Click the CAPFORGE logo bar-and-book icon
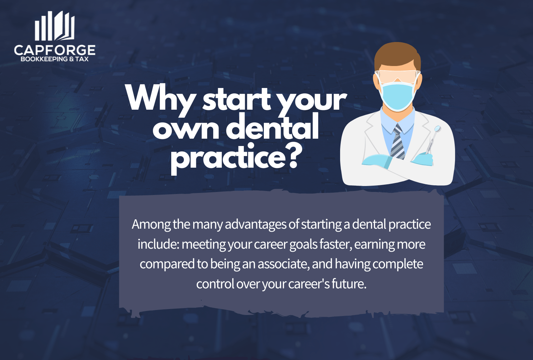coord(55,26)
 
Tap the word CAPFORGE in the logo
coord(55,50)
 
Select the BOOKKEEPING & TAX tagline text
coord(55,59)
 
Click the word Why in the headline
coord(160,98)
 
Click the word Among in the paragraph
coord(151,224)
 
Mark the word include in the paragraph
coord(158,244)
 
